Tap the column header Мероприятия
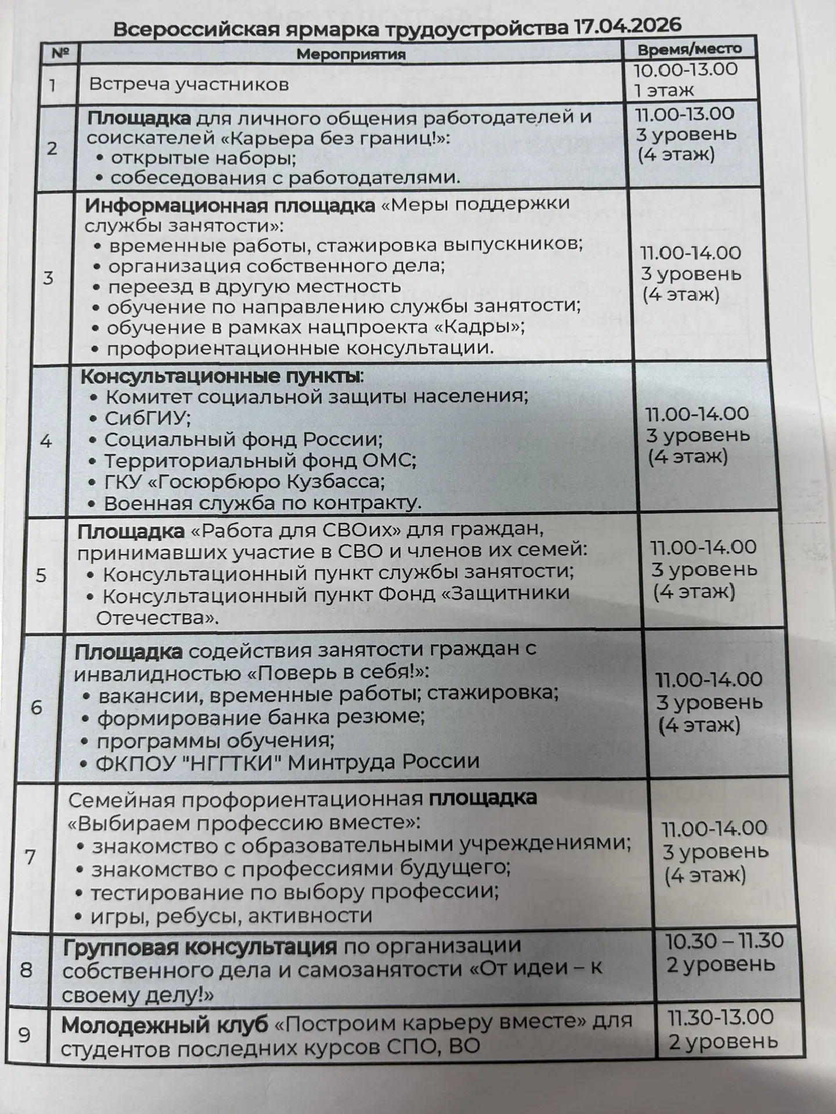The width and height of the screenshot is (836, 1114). click(351, 55)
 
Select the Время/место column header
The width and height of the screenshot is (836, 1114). click(690, 49)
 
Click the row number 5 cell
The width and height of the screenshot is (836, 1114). click(41, 575)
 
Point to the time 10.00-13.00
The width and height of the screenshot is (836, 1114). click(685, 70)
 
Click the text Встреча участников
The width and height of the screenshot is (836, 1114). click(189, 85)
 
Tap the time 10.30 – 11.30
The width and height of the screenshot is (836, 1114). click(725, 941)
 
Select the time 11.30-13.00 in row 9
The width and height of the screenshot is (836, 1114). click(720, 1017)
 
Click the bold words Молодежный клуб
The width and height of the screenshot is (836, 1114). click(165, 1025)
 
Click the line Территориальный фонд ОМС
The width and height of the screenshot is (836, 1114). click(260, 461)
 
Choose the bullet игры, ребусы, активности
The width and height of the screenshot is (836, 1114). click(231, 916)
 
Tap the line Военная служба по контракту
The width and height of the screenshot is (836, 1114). click(262, 503)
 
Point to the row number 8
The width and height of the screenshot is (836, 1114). click(26, 970)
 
